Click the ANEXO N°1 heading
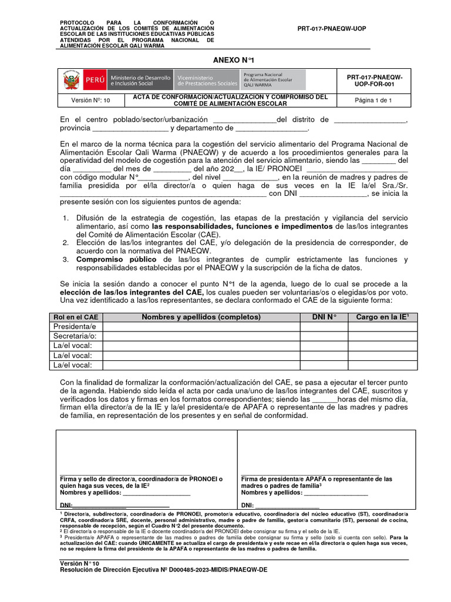[234, 60]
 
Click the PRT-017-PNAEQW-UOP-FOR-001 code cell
[374, 81]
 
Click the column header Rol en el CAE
[75, 317]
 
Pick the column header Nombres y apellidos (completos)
[201, 317]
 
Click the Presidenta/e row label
[75, 326]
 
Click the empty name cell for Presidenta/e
[201, 326]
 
